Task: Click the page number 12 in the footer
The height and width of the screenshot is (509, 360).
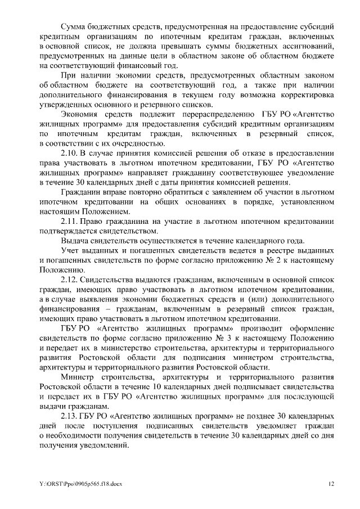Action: click(332, 483)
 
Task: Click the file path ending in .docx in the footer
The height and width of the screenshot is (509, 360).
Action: click(74, 483)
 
